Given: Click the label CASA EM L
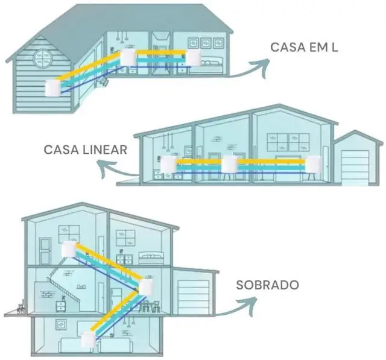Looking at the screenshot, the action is click(x=303, y=47).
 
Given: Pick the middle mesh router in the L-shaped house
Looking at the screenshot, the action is click(x=129, y=57).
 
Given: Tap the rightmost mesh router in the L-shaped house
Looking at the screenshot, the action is click(x=192, y=57).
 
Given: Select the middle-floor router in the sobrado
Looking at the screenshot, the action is click(x=146, y=287).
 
